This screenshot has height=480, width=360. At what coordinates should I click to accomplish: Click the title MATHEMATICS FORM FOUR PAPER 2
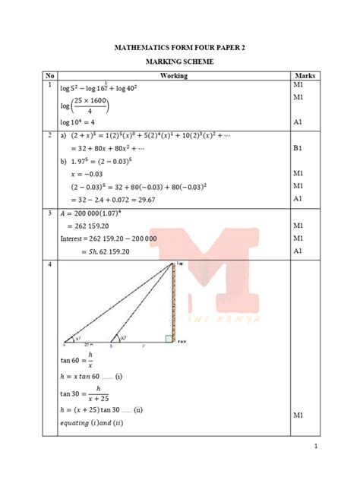coord(180,48)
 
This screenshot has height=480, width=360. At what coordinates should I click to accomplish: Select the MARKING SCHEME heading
coord(180,62)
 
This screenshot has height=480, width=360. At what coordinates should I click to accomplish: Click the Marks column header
coord(304,76)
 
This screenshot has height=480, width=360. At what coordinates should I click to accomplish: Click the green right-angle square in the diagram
coord(169,339)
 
